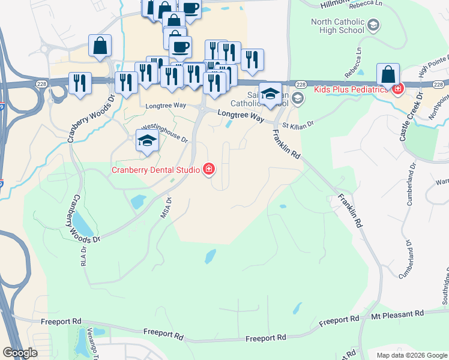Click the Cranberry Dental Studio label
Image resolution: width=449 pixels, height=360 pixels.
click(x=155, y=170)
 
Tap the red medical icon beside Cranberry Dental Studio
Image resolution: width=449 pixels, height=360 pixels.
click(x=209, y=170)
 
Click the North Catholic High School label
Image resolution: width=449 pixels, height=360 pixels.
click(x=337, y=26)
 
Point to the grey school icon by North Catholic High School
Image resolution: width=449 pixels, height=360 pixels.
click(x=373, y=25)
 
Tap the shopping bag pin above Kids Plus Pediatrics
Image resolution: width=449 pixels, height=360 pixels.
click(x=388, y=75)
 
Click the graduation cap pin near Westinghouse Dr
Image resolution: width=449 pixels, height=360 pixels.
click(x=146, y=142)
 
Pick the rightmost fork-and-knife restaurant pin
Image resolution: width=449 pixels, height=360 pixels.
click(x=253, y=59)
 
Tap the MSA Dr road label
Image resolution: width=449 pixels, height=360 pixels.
click(x=166, y=208)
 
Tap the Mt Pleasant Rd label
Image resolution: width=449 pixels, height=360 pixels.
click(x=397, y=313)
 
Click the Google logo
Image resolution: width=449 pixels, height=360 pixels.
click(x=20, y=353)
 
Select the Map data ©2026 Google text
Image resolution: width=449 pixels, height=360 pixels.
click(x=411, y=355)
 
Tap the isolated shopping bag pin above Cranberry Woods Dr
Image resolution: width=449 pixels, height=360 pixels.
click(x=100, y=46)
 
